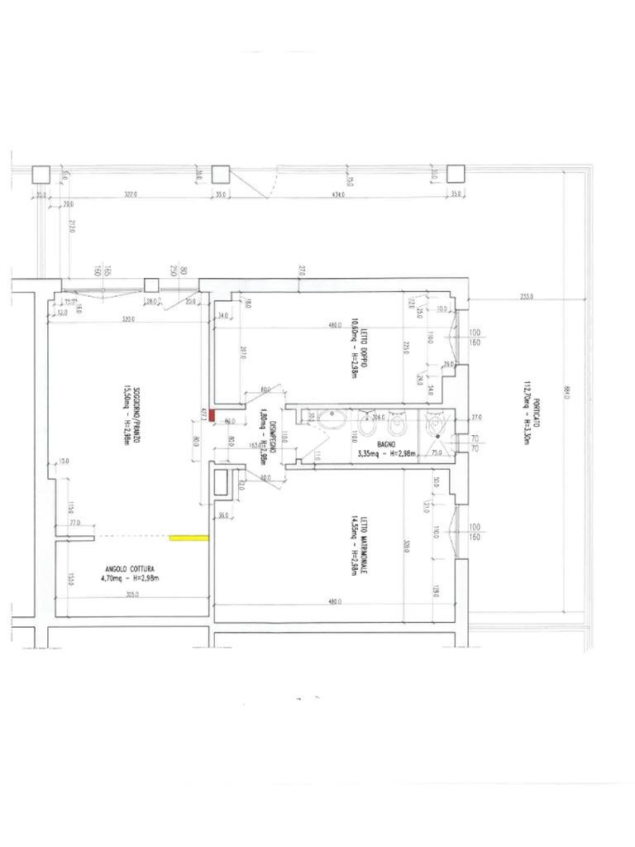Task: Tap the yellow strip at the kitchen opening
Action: pyautogui.click(x=189, y=538)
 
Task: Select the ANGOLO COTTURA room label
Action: pyautogui.click(x=130, y=568)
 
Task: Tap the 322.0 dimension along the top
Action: pyautogui.click(x=128, y=195)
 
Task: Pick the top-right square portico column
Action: pyautogui.click(x=455, y=174)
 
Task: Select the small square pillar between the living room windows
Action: pyautogui.click(x=150, y=285)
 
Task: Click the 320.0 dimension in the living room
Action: pyautogui.click(x=128, y=318)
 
